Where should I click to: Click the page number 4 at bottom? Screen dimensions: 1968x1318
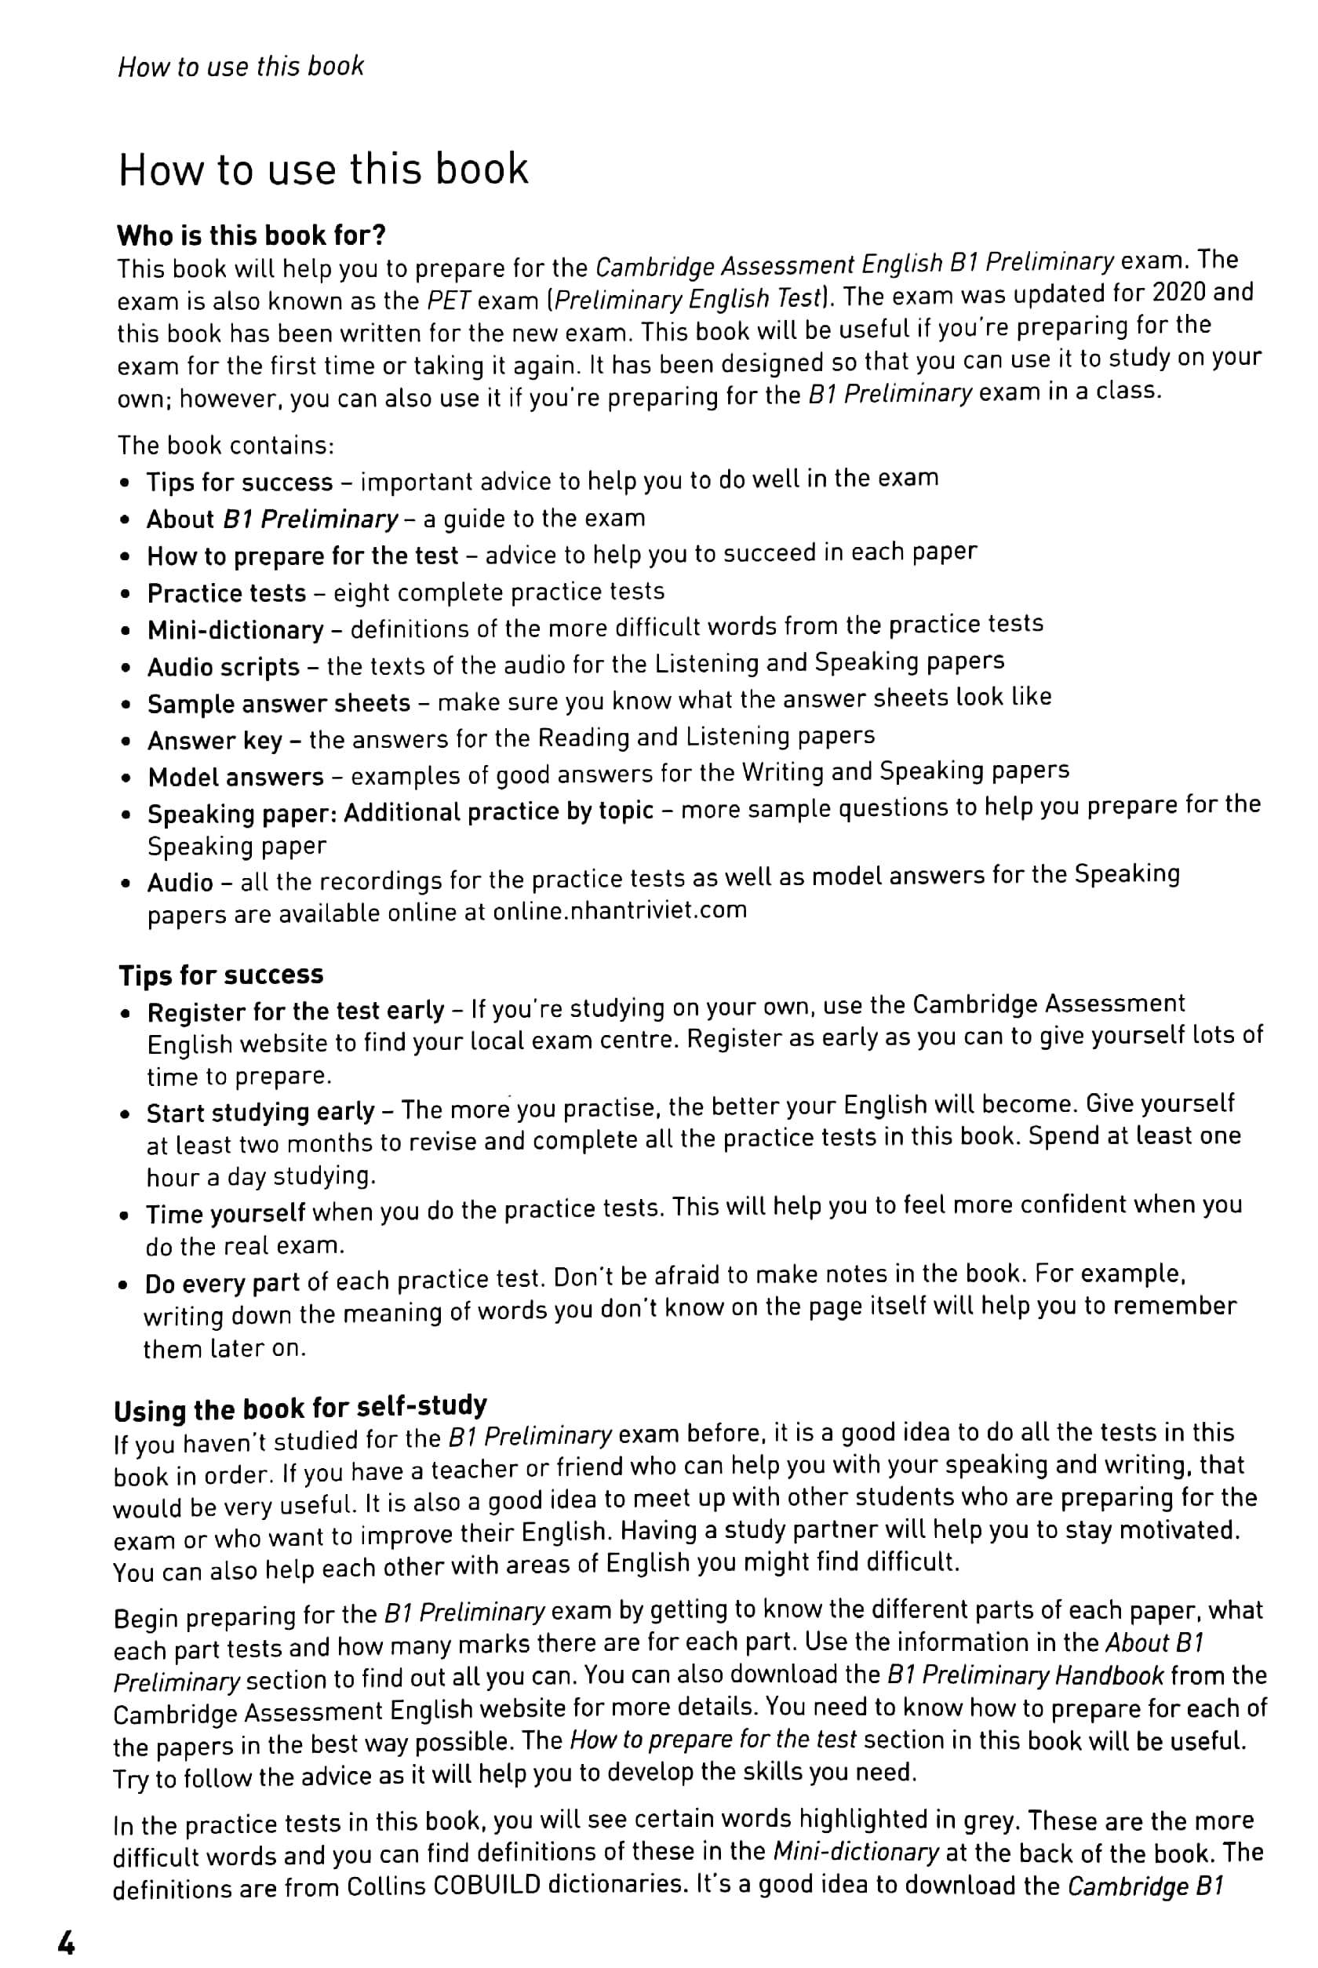click(x=66, y=1942)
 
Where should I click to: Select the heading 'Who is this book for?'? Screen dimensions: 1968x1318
click(x=251, y=235)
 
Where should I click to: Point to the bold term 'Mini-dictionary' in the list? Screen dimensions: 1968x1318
click(x=235, y=629)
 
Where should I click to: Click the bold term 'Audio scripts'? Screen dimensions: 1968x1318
click(x=224, y=667)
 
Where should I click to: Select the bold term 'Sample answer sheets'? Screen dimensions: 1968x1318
click(x=279, y=703)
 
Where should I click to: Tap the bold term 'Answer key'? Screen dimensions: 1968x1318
click(x=215, y=741)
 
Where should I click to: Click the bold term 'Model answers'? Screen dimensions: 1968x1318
click(x=235, y=777)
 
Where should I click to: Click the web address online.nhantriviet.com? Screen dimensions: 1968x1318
click(x=620, y=910)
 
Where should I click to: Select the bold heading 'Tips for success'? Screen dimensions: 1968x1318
click(x=221, y=975)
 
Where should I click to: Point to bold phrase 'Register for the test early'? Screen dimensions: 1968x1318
click(x=295, y=1011)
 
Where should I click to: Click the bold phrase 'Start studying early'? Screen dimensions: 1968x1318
click(x=260, y=1112)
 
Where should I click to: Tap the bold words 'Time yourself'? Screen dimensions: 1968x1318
click(x=225, y=1214)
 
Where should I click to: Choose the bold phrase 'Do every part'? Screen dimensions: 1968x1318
click(x=222, y=1284)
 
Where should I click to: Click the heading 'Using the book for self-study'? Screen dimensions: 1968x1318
click(x=300, y=1407)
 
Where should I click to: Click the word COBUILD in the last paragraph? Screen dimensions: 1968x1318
click(x=486, y=1886)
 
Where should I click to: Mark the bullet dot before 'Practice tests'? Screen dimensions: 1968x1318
click(x=126, y=594)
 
